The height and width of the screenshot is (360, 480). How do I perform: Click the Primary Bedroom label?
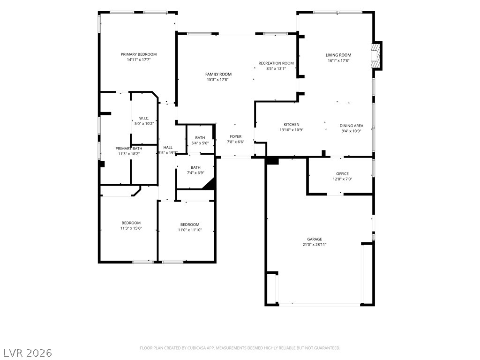pos(139,54)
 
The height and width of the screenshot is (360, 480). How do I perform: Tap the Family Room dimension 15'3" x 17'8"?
pos(217,80)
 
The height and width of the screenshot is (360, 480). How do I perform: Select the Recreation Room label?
pos(276,63)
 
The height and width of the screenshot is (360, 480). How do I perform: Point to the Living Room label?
pos(338,55)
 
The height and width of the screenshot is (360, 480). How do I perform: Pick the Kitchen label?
pos(292,125)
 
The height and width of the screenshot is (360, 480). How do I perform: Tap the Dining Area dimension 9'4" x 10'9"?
pos(352,131)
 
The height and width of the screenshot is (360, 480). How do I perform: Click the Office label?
pos(342,173)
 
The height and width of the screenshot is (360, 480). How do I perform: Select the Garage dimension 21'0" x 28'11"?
pos(315,245)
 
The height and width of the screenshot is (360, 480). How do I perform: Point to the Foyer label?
pos(236,136)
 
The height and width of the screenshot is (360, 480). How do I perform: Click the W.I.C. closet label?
pos(144,118)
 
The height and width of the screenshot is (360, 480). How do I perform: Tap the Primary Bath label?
pos(129,149)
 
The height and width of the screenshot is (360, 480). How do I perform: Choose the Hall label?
pos(168,148)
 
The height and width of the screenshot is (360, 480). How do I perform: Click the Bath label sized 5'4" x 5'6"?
pos(200,138)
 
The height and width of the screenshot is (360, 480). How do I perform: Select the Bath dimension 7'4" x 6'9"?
pos(195,173)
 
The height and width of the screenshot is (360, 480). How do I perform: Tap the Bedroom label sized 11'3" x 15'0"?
pos(131,223)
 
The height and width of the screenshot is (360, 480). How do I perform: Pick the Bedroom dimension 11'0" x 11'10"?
pos(190,230)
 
